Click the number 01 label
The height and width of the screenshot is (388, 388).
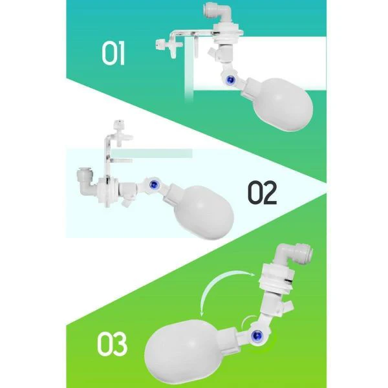pyautogui.click(x=113, y=54)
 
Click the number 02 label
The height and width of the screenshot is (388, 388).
pyautogui.click(x=263, y=192)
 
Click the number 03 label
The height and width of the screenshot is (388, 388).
pyautogui.click(x=112, y=344)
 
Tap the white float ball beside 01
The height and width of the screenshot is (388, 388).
pyautogui.click(x=282, y=104)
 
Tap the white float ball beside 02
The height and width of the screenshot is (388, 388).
pyautogui.click(x=204, y=212)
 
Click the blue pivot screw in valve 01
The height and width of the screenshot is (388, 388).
pyautogui.click(x=231, y=80)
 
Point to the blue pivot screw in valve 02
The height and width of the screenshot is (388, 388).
pyautogui.click(x=154, y=184)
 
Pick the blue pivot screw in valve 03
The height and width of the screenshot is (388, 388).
pyautogui.click(x=257, y=335)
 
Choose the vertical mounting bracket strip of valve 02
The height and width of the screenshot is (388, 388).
pyautogui.click(x=107, y=156)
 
